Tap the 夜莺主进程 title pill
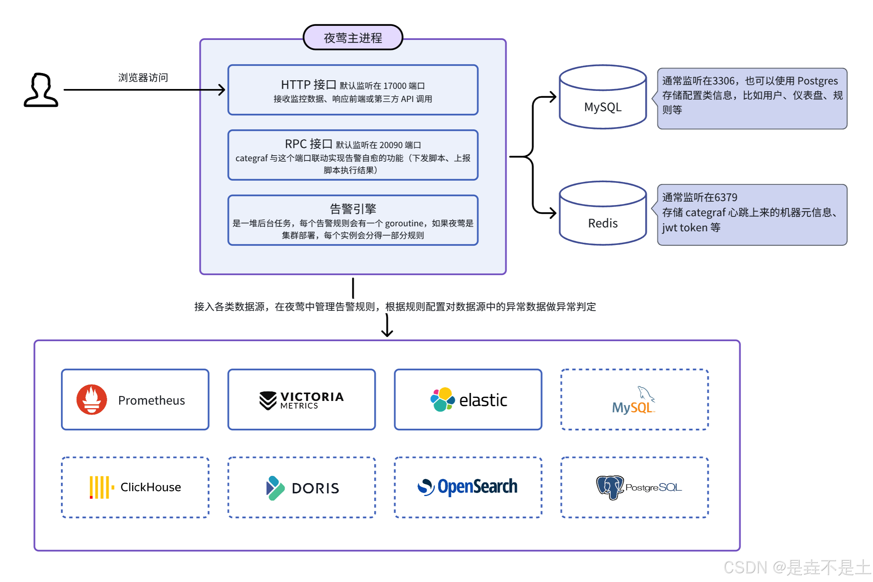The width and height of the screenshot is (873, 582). (x=353, y=37)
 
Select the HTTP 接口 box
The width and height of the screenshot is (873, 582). (x=353, y=90)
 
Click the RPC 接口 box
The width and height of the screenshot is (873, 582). (x=353, y=155)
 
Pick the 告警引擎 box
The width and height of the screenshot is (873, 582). (x=353, y=220)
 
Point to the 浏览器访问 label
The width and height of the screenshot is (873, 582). (x=143, y=78)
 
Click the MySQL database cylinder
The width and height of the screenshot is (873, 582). (x=603, y=97)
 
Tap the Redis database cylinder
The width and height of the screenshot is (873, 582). (x=603, y=213)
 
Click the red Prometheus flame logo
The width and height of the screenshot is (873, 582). (x=92, y=399)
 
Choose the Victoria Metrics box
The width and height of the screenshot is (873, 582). (x=301, y=399)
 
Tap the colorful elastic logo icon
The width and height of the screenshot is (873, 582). (x=443, y=399)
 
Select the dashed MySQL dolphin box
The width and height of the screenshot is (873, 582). (x=634, y=399)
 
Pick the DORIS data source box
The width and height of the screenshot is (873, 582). (x=301, y=487)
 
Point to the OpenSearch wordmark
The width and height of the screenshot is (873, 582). (x=478, y=487)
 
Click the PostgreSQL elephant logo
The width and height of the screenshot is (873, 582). (x=610, y=487)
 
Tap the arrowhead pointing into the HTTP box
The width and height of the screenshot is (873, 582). (x=221, y=90)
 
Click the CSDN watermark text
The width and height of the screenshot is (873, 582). (x=797, y=568)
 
